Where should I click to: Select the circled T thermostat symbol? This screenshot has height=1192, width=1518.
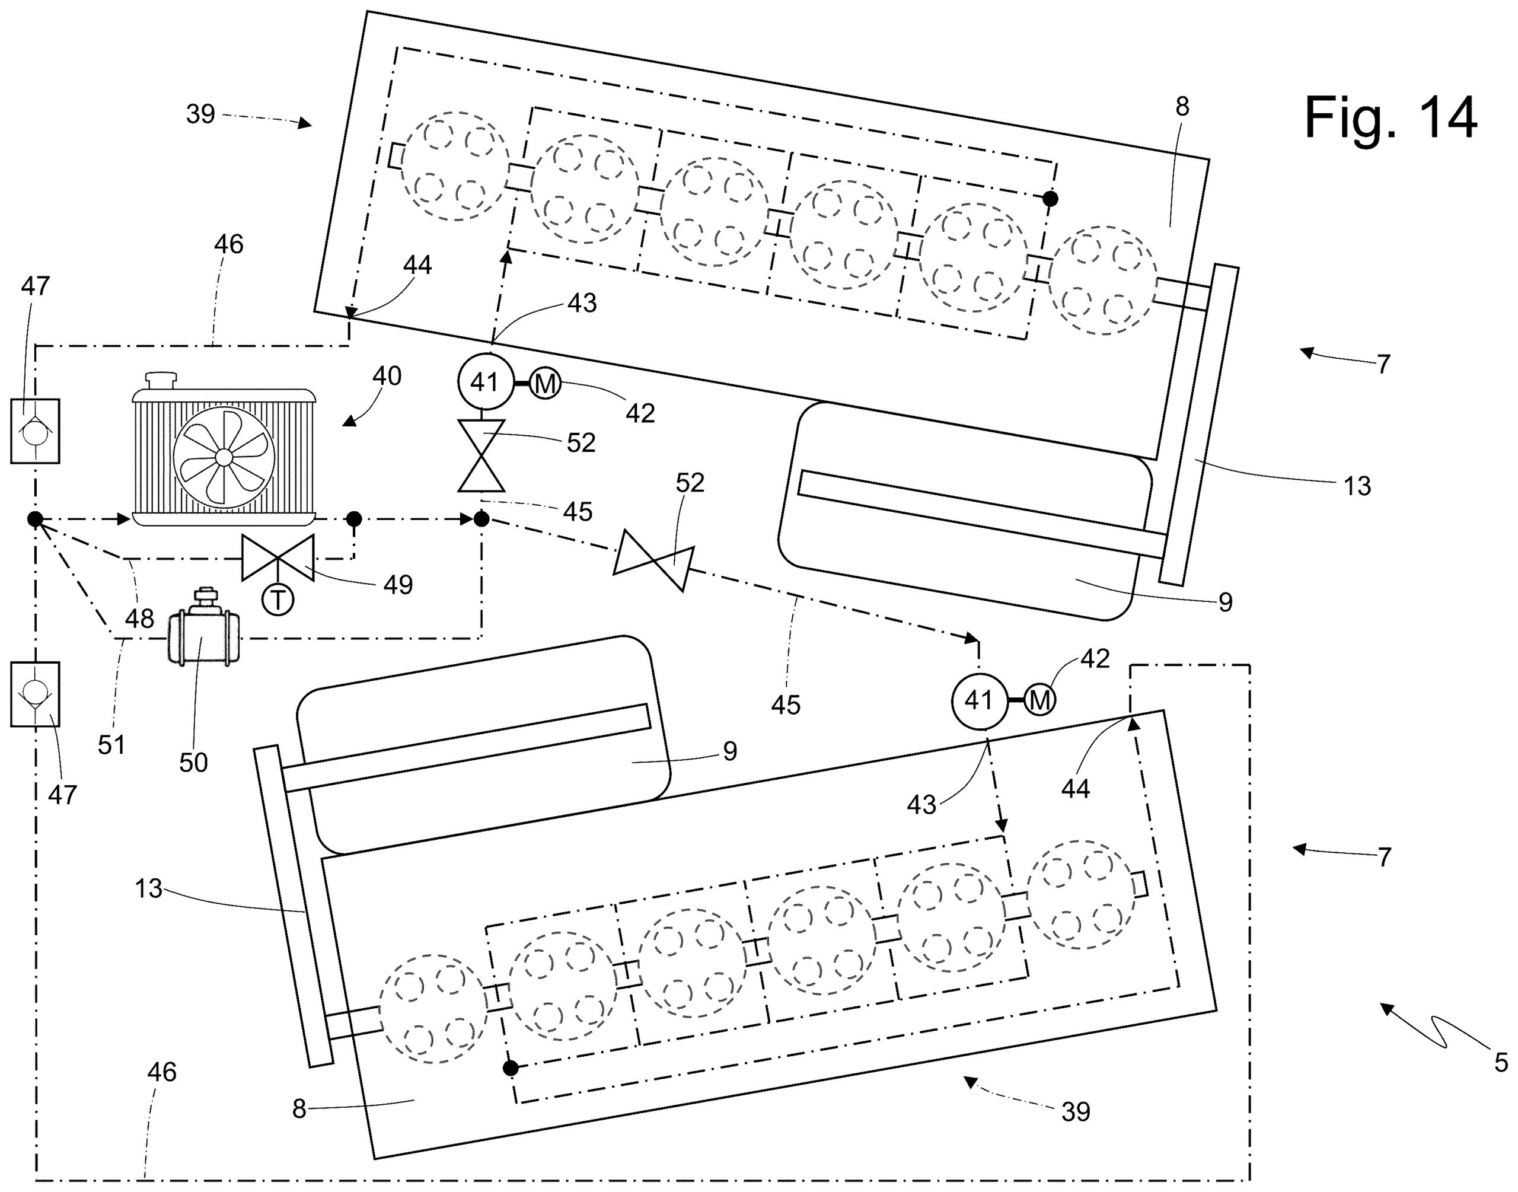pyautogui.click(x=278, y=600)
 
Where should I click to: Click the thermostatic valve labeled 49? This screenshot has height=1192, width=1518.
pyautogui.click(x=278, y=557)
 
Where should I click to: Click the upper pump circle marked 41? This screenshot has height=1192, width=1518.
pyautogui.click(x=485, y=383)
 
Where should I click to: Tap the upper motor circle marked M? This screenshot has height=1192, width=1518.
pyautogui.click(x=545, y=383)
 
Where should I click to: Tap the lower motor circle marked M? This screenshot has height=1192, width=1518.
pyautogui.click(x=1040, y=700)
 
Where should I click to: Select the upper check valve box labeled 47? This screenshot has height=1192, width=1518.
pyautogui.click(x=35, y=431)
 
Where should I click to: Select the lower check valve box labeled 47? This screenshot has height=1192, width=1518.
pyautogui.click(x=35, y=694)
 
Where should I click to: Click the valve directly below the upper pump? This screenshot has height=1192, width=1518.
pyautogui.click(x=481, y=455)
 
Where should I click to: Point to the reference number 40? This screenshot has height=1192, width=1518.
pyautogui.click(x=387, y=376)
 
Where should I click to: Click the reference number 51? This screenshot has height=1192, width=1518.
pyautogui.click(x=111, y=745)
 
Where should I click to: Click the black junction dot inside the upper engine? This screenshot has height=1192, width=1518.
pyautogui.click(x=1049, y=199)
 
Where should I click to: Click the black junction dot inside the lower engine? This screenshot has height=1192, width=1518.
pyautogui.click(x=511, y=1068)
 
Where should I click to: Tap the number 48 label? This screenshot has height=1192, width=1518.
pyautogui.click(x=139, y=619)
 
